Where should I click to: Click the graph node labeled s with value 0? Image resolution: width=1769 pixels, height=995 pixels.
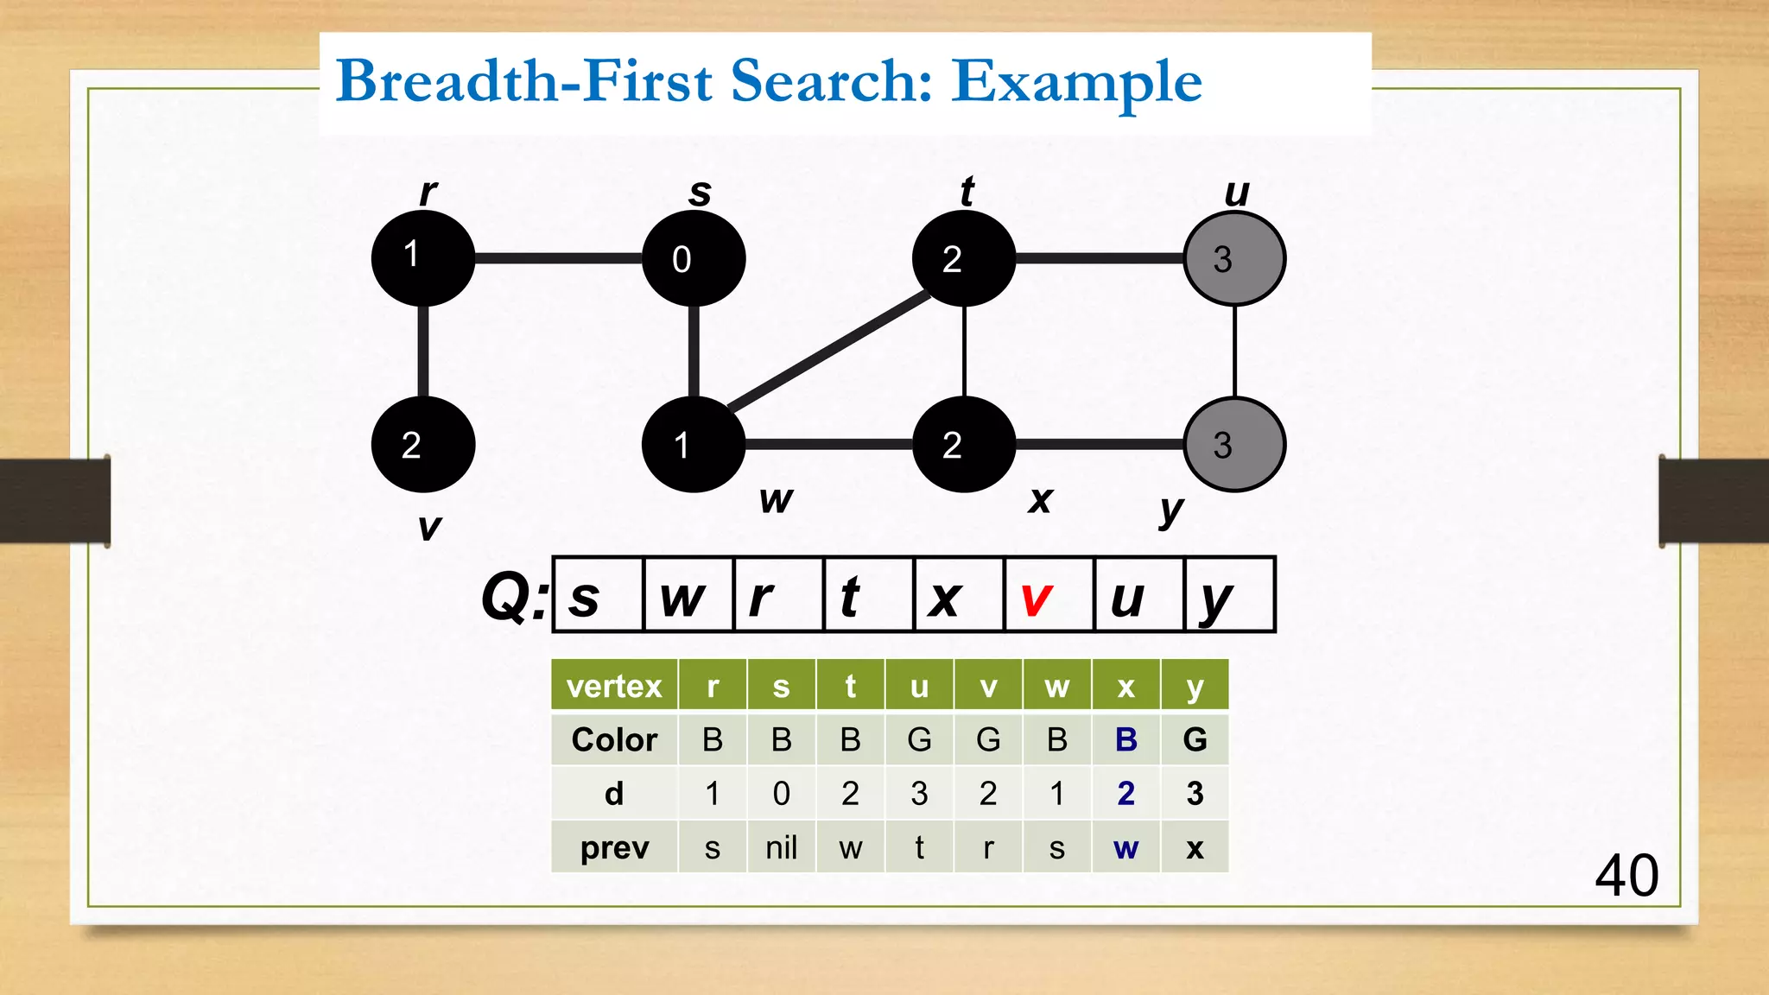tap(694, 258)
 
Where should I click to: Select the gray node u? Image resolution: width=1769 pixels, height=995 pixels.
tap(1234, 258)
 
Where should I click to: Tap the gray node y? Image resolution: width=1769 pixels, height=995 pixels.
tap(1234, 444)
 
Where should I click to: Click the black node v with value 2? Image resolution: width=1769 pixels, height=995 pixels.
tap(422, 444)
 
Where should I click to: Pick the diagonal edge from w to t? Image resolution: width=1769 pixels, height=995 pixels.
tap(829, 350)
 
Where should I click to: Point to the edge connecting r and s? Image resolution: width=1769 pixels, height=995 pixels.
tap(558, 258)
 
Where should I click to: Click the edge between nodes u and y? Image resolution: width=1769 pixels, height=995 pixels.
tap(1234, 352)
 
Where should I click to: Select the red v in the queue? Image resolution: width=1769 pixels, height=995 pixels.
tap(1036, 598)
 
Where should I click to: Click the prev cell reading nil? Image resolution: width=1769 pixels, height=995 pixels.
tap(781, 847)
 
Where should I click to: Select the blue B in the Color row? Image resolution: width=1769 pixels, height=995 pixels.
tap(1125, 740)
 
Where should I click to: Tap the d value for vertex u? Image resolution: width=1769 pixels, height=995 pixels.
tap(919, 793)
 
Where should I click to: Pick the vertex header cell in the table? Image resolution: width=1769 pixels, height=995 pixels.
tap(614, 687)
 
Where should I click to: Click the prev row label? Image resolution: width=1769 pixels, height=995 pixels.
tap(614, 847)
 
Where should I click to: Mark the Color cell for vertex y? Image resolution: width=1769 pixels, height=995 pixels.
tap(1195, 740)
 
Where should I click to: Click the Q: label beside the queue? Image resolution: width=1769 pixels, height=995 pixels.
tap(514, 597)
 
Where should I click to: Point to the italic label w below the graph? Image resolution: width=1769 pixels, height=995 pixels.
tap(776, 499)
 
